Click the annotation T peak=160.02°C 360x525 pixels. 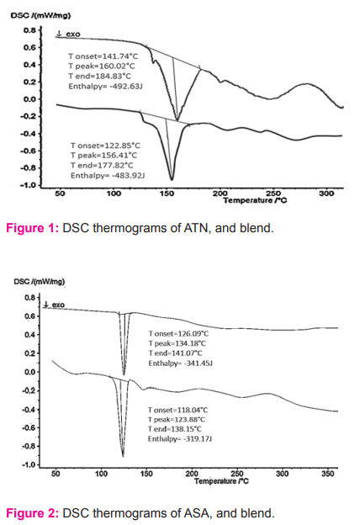102,66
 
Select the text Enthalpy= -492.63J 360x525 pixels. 106,87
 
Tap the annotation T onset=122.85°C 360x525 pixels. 105,146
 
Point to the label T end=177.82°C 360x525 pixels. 102,166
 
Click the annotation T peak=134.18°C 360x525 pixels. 177,343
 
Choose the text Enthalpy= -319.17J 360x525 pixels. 180,439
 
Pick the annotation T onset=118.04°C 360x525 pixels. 177,411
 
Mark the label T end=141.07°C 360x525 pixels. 176,353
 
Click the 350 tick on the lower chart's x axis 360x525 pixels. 327,474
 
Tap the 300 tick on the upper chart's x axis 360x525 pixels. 326,194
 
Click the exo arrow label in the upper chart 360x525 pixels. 68,34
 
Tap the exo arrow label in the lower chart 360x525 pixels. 54,305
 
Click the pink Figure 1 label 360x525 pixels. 33,228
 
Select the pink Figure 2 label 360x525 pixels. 33,513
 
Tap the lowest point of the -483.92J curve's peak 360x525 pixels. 172,180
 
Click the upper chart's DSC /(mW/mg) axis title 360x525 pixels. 40,15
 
